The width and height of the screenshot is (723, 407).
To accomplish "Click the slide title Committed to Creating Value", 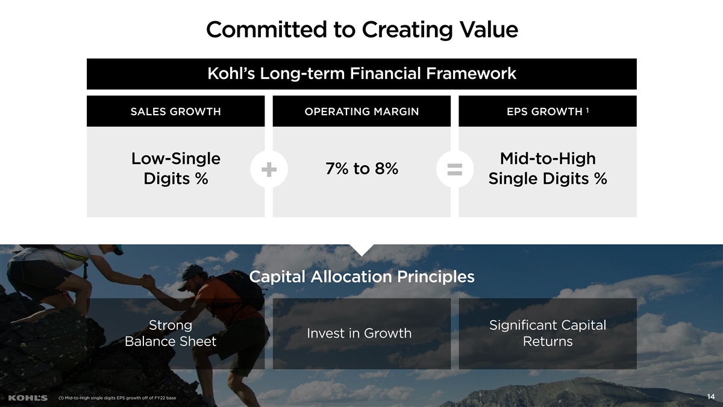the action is (x=362, y=30).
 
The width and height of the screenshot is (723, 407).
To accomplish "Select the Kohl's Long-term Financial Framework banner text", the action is (x=362, y=74).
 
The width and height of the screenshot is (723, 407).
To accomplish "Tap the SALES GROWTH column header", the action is (x=175, y=112).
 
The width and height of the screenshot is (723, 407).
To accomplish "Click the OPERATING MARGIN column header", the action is (x=361, y=112).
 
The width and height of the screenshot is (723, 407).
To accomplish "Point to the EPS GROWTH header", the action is (x=545, y=112).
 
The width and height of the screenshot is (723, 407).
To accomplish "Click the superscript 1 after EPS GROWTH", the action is (x=587, y=110).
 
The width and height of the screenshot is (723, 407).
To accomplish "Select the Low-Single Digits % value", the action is (x=176, y=169).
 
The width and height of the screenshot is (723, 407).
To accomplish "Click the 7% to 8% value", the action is (x=362, y=168).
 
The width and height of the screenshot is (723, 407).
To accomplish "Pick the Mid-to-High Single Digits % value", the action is (x=548, y=169).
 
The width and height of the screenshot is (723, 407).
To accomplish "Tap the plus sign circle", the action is (x=269, y=169).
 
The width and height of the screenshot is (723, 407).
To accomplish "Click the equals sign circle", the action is (x=455, y=169).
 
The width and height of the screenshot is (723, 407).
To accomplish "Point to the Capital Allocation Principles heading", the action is (x=362, y=277).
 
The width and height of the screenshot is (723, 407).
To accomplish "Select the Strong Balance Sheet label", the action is (x=171, y=333).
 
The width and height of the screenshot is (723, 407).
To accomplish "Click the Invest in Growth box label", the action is (x=359, y=333).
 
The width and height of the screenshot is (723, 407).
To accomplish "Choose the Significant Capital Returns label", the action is (x=548, y=333).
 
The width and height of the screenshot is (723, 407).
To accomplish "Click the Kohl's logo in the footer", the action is (x=28, y=398).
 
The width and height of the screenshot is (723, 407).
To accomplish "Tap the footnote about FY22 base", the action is (x=117, y=398).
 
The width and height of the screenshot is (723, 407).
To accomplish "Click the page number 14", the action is (x=711, y=397).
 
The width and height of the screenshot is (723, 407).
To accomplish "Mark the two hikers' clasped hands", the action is (x=148, y=282).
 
